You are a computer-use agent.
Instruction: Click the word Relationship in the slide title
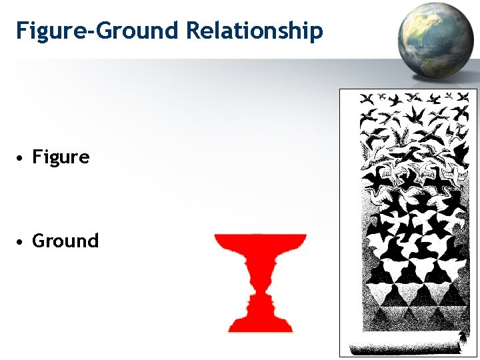(255, 31)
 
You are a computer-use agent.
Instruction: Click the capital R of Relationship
(193, 30)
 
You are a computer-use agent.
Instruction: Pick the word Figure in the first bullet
(61, 157)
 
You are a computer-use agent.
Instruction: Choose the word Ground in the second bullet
(65, 241)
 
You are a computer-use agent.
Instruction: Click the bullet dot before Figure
(22, 159)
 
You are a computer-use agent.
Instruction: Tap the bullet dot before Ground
(22, 242)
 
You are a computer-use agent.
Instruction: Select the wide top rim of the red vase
(260, 238)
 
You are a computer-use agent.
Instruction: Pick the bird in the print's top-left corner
(367, 100)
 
